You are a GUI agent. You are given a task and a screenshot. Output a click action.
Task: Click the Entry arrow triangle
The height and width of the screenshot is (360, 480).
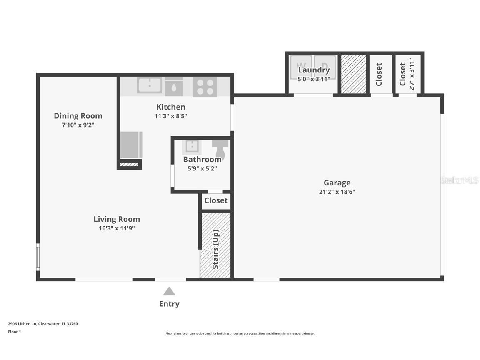(169, 291)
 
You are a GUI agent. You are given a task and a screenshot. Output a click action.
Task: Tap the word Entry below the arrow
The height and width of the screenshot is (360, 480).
(169, 304)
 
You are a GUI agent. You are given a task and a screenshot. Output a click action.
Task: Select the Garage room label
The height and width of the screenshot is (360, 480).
(337, 182)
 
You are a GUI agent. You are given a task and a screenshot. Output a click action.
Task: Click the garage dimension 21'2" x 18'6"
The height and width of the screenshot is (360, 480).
(337, 192)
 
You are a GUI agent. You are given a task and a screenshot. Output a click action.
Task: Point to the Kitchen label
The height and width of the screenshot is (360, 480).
(171, 107)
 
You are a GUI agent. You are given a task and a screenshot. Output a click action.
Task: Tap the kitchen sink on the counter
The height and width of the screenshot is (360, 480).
(150, 85)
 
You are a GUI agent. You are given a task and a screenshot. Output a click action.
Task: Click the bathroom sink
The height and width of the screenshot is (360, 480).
(192, 146)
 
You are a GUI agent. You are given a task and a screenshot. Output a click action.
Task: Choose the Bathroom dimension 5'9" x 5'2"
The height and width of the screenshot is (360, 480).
(202, 169)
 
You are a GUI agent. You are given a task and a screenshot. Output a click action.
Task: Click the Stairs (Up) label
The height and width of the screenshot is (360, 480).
(215, 249)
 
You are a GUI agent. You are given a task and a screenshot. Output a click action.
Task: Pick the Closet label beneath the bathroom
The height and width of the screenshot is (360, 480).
(216, 200)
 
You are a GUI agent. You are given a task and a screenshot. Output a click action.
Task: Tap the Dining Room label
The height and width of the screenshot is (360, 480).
(78, 116)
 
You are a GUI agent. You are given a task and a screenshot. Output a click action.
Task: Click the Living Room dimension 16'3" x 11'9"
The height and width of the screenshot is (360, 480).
(117, 228)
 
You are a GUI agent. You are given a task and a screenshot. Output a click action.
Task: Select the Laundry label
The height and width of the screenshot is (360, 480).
(314, 70)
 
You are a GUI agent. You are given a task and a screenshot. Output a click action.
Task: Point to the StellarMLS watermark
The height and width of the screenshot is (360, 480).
(460, 180)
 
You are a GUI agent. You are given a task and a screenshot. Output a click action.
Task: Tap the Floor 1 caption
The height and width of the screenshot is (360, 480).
(14, 332)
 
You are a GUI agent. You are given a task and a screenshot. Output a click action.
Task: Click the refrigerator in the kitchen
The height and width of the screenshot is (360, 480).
(131, 145)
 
